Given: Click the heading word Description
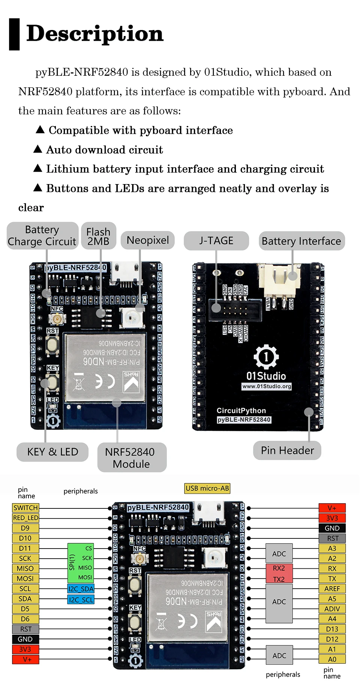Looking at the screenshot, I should pos(95,34).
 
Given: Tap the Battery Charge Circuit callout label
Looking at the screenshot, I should pos(42,236).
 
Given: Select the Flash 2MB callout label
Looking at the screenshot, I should pos(98,237).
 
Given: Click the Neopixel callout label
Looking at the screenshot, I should pos(148,240).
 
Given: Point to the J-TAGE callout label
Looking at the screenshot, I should pos(216,241).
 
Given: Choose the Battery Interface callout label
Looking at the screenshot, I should pos(301,241).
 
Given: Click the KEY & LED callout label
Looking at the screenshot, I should pos(52,452).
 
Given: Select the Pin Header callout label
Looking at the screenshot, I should pos(287,450).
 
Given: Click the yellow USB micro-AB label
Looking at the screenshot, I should pos(207,488).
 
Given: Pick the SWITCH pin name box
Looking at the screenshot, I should pos(25,508).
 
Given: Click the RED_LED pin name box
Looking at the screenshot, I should pos(25,518).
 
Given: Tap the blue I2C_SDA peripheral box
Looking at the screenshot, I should pos(81,589).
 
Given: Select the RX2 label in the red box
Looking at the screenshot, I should pos(279,568).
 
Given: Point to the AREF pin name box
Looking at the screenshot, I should pos(332,589).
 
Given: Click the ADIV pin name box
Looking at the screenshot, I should pos(332,609).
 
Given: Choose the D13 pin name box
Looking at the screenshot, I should pos(332,629).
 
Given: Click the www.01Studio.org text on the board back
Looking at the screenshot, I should pos(267,386).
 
